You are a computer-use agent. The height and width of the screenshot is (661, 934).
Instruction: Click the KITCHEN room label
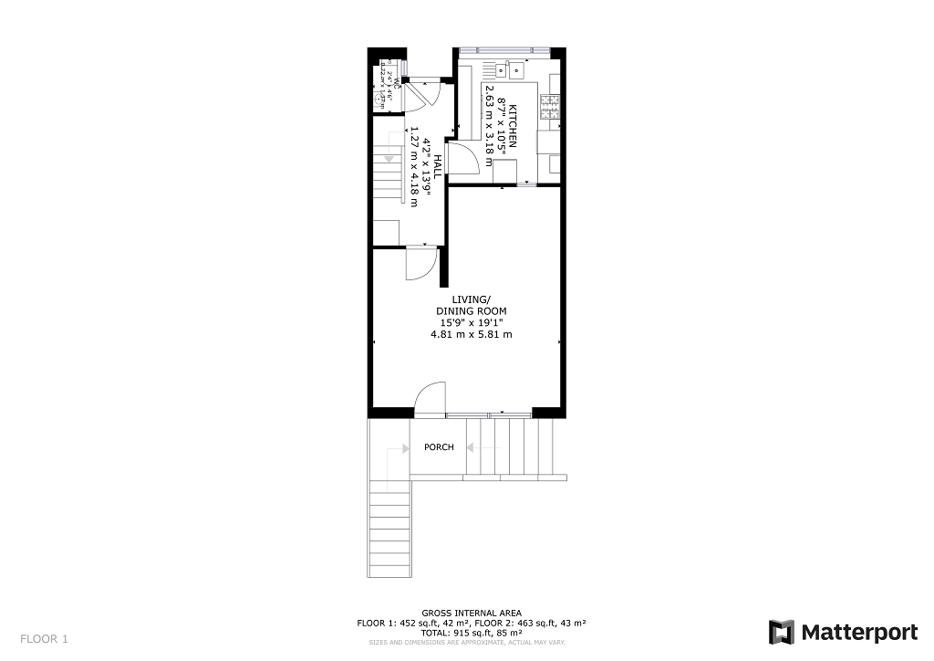click(513, 126)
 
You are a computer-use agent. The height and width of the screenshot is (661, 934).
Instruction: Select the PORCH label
click(439, 447)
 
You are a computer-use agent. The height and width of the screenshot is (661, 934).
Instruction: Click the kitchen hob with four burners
click(551, 109)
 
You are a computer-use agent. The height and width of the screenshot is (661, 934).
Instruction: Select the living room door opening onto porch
click(429, 400)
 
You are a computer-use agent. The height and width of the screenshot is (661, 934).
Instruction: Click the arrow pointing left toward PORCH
click(472, 447)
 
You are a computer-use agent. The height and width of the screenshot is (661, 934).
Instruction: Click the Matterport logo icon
click(782, 633)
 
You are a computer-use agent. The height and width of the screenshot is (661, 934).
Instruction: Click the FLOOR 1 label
click(45, 639)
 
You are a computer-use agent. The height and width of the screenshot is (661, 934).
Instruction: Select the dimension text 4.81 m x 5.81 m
click(471, 334)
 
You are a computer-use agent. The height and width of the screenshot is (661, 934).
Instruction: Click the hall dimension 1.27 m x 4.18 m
click(415, 166)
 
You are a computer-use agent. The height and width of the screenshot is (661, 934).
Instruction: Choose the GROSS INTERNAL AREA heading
click(471, 613)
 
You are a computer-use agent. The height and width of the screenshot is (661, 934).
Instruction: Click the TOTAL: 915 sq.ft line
click(471, 633)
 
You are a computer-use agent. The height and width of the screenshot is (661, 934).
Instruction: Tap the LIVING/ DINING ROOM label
click(471, 305)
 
